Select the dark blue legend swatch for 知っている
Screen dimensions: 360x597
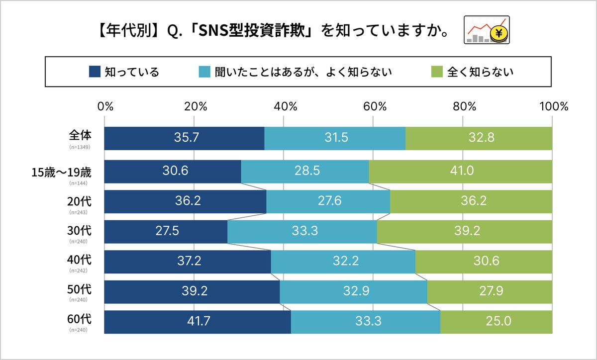coord(95,72)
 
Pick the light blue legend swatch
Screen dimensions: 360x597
coord(204,72)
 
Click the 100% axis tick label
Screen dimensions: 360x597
coord(553,106)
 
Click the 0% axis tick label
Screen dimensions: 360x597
coord(105,106)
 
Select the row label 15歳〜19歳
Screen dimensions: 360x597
coord(61,172)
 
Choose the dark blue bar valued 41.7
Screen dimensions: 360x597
coord(198,322)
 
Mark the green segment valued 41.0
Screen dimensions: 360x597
coord(460,171)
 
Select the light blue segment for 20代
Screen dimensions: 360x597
coord(328,201)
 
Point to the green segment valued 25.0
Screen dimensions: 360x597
coord(496,322)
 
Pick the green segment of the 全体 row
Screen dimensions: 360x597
coord(479,138)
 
